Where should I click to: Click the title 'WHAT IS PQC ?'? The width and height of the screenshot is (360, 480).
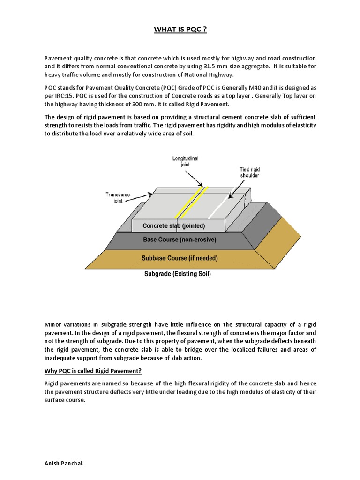(x=180, y=30)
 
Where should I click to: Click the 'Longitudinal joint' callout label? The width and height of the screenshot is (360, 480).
(x=186, y=162)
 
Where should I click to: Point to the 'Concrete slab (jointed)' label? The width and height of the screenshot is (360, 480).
(x=173, y=226)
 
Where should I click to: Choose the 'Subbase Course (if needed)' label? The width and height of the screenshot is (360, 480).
(x=180, y=258)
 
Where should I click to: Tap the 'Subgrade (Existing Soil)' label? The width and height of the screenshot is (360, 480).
(x=177, y=274)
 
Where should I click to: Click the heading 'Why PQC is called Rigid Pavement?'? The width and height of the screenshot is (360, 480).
(x=93, y=371)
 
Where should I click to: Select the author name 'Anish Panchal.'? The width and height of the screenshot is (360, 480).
(x=64, y=463)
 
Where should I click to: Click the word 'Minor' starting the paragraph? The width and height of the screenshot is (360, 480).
(x=53, y=324)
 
